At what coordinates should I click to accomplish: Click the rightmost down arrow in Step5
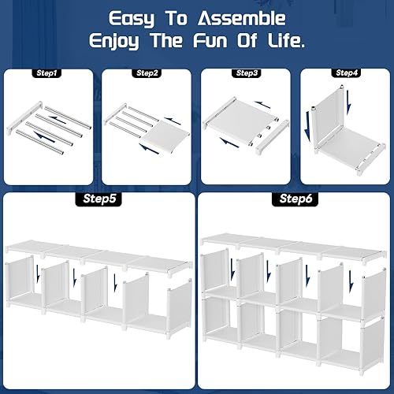coord(116,281)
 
